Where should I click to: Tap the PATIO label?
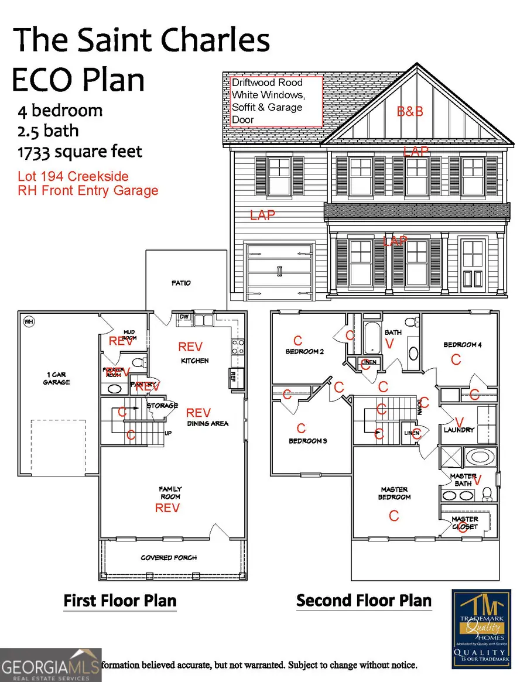[x=181, y=283]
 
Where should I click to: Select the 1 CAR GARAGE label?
[x=56, y=378]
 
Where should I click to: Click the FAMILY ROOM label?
[x=170, y=492]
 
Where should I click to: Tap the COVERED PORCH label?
[x=169, y=557]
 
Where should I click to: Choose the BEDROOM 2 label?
[x=304, y=351]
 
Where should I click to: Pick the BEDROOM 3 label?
[x=307, y=441]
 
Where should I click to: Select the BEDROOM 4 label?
[x=463, y=345]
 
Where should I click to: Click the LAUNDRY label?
[x=459, y=429]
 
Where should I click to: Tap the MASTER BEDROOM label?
[x=394, y=493]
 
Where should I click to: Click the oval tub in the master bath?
[x=480, y=457]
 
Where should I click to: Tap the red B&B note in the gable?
[x=410, y=111]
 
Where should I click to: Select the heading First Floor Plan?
[x=119, y=601]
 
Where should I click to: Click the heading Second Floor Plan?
[x=364, y=601]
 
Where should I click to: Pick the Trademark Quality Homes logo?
[x=481, y=629]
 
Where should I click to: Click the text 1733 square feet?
[x=80, y=152]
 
